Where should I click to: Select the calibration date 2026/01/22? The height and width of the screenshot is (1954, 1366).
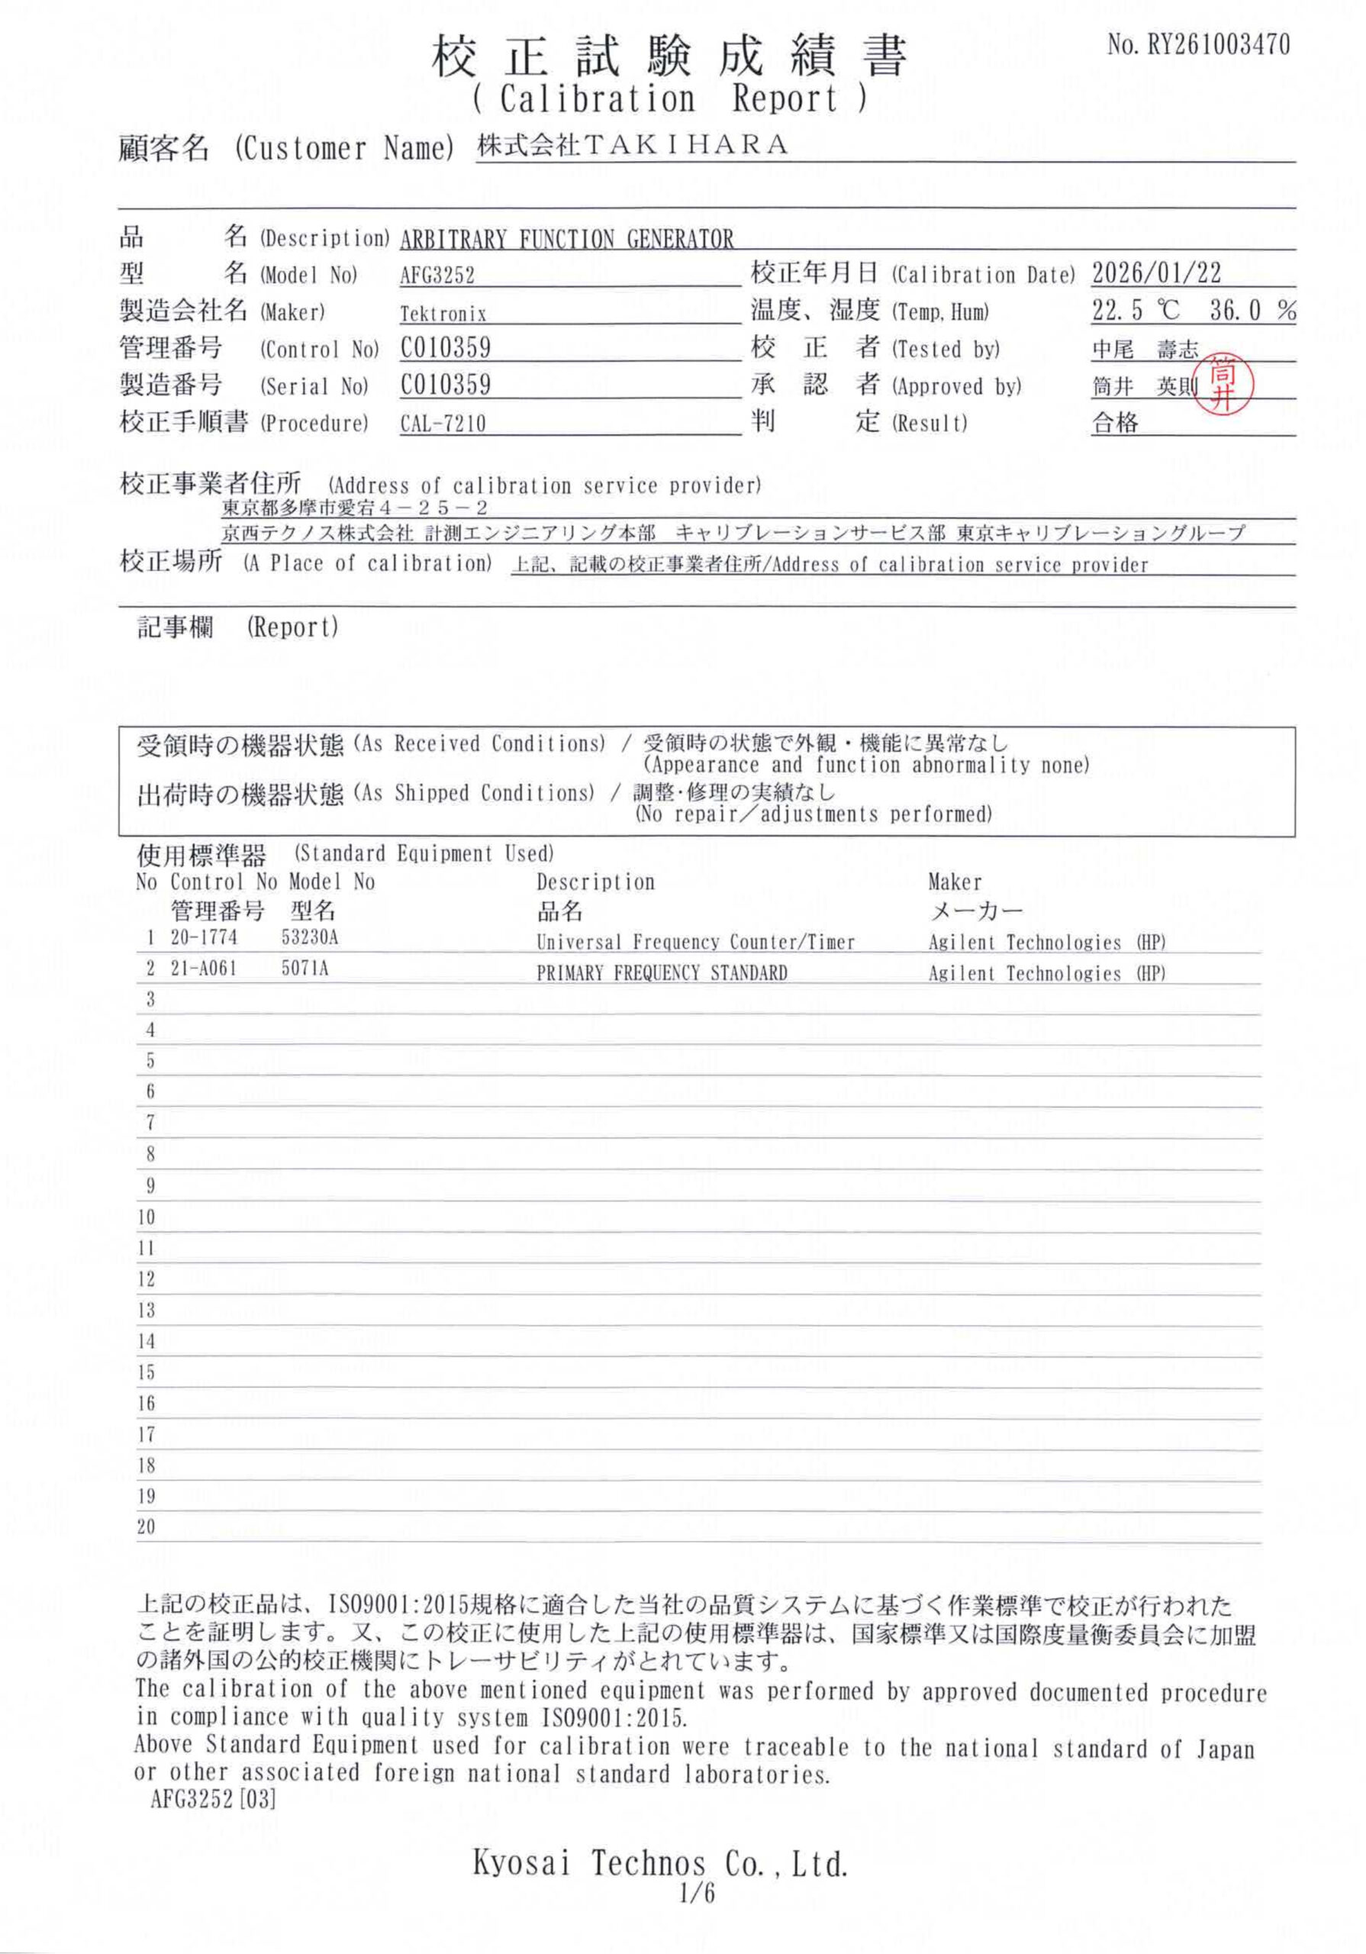(1156, 273)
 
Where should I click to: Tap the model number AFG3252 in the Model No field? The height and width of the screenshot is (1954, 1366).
(437, 276)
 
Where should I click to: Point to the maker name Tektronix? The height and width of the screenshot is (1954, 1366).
(443, 314)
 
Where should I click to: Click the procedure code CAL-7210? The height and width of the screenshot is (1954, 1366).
(443, 423)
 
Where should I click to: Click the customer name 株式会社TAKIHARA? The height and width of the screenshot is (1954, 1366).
(633, 146)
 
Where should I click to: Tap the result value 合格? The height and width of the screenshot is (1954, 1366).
(1115, 423)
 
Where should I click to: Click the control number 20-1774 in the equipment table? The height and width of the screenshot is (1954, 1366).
(204, 938)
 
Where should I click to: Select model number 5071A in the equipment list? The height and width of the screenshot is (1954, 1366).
(304, 969)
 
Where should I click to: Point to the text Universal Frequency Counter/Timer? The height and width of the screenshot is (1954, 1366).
(694, 942)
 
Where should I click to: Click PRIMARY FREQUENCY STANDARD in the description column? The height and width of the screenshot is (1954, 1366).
(662, 972)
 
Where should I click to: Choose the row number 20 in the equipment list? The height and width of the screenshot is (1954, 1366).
(147, 1527)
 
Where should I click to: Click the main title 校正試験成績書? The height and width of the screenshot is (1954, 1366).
(670, 56)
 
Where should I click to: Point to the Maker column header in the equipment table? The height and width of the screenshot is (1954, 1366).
(954, 882)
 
